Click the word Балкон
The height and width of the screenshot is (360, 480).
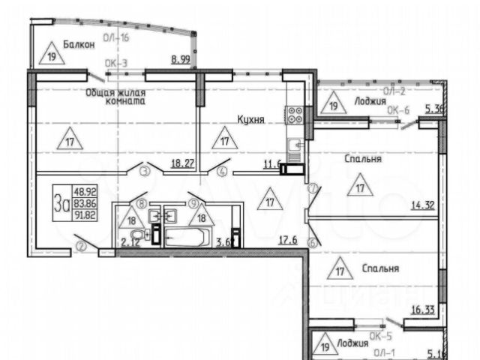79,44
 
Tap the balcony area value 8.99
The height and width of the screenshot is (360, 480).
180,59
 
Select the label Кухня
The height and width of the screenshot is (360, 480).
250,118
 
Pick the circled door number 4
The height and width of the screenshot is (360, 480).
222,172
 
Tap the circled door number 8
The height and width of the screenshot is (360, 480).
142,202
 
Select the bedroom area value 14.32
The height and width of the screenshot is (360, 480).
422,203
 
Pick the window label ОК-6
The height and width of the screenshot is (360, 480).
397,109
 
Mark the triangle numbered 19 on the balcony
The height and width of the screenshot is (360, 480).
52,55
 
